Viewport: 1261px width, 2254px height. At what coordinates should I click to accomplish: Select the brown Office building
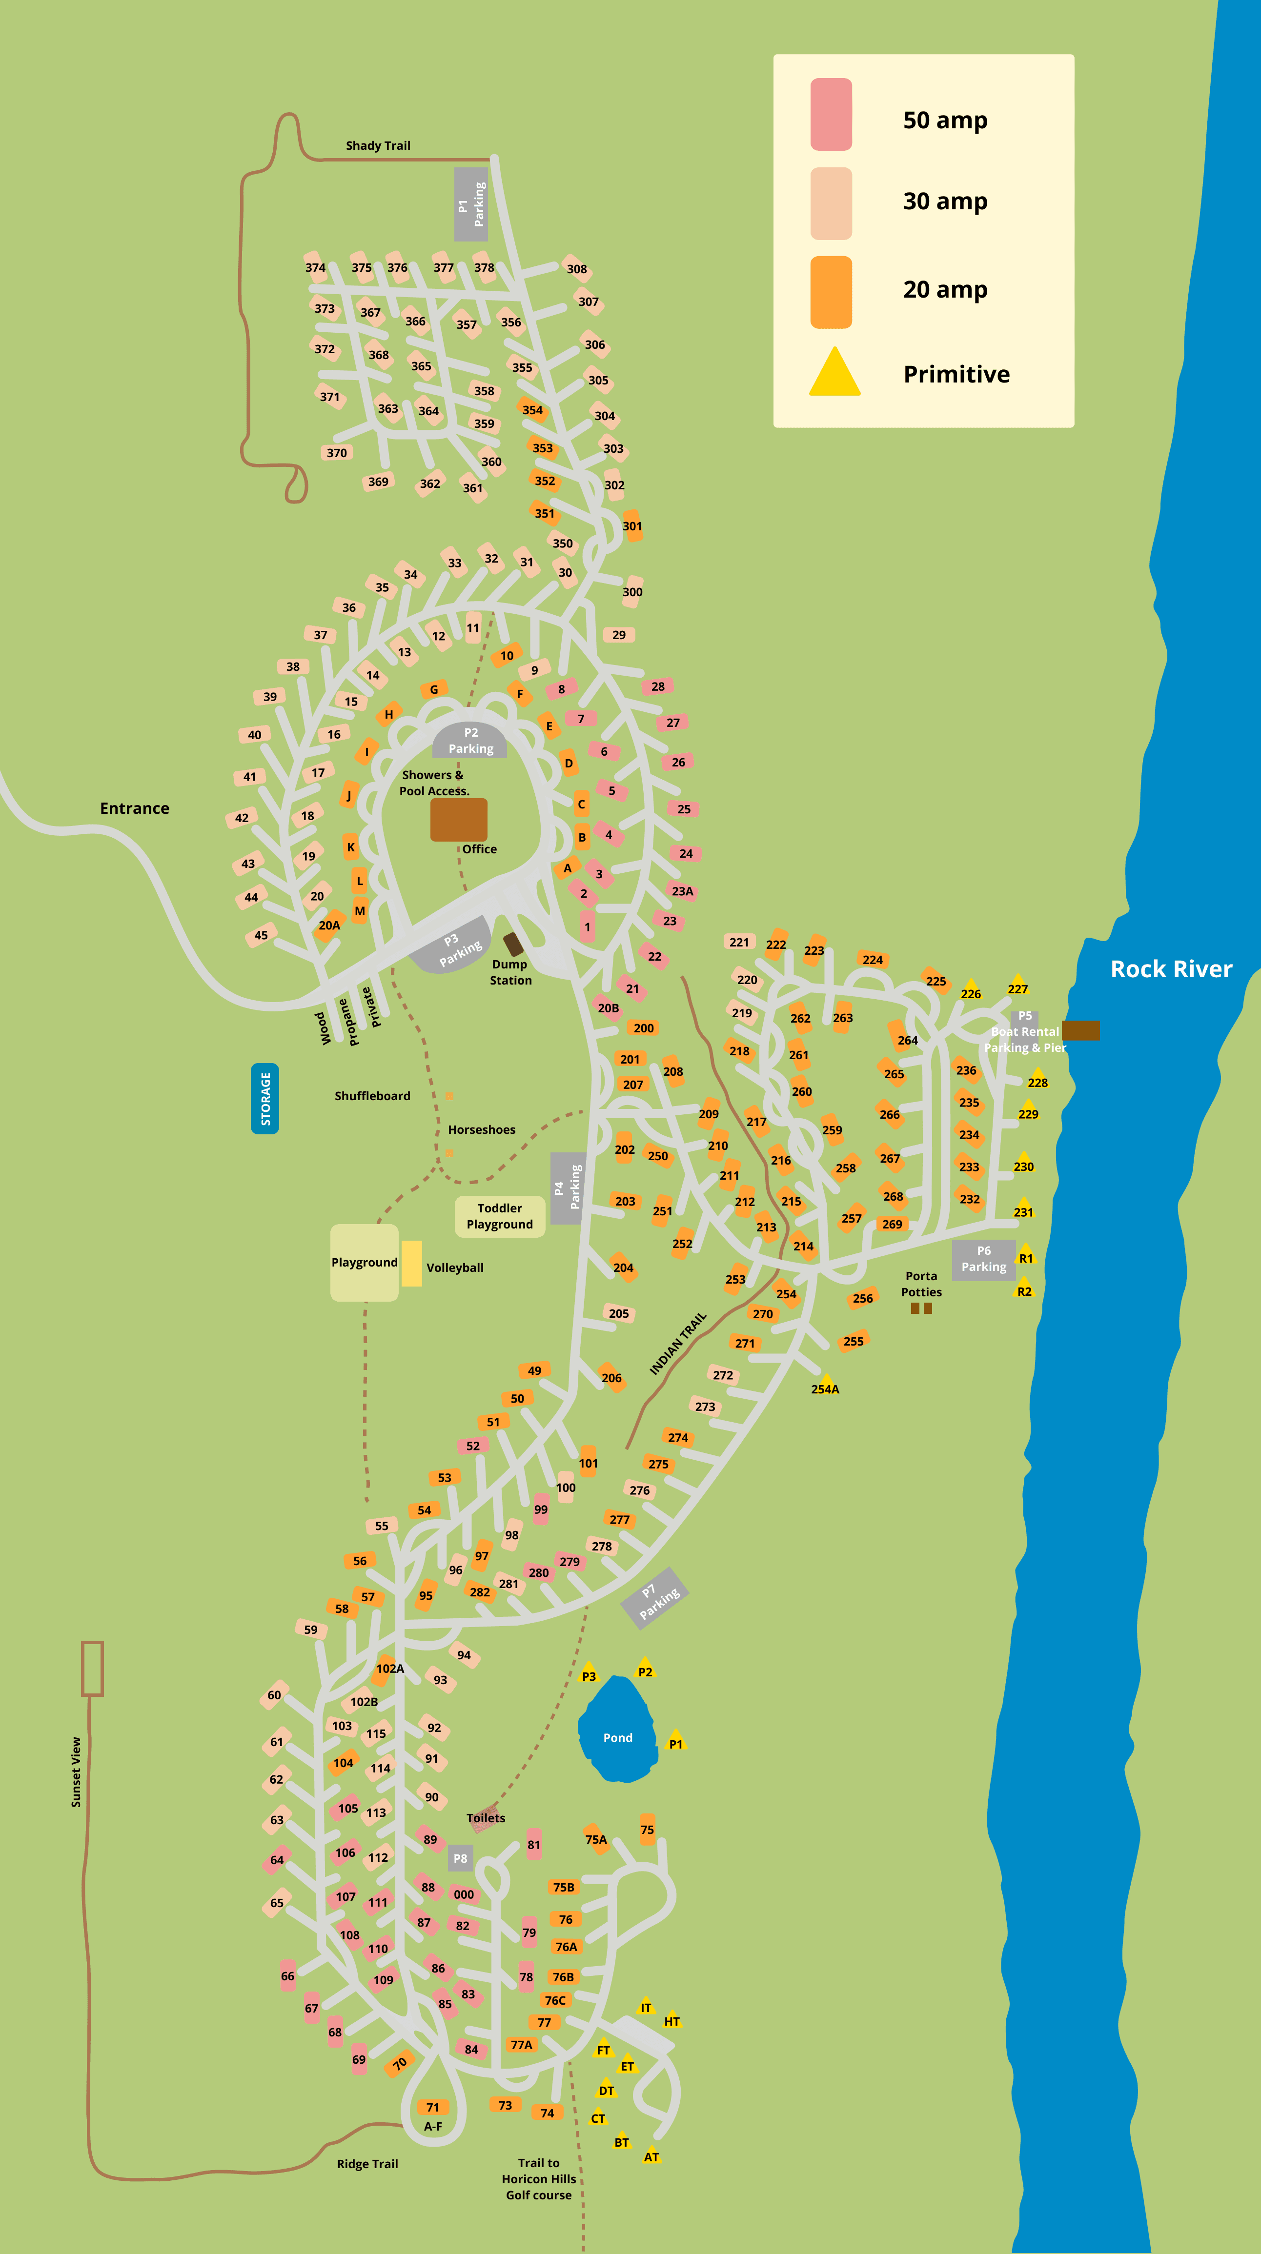click(459, 820)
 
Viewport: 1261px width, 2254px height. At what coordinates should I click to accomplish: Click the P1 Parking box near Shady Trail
click(471, 204)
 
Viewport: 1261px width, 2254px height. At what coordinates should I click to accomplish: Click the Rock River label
click(1171, 968)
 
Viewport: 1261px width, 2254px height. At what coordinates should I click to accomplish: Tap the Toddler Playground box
click(500, 1216)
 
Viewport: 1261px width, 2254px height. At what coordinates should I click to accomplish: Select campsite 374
click(315, 268)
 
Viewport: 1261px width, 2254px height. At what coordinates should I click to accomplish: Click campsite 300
click(632, 591)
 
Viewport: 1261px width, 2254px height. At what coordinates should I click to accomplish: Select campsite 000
click(464, 1894)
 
